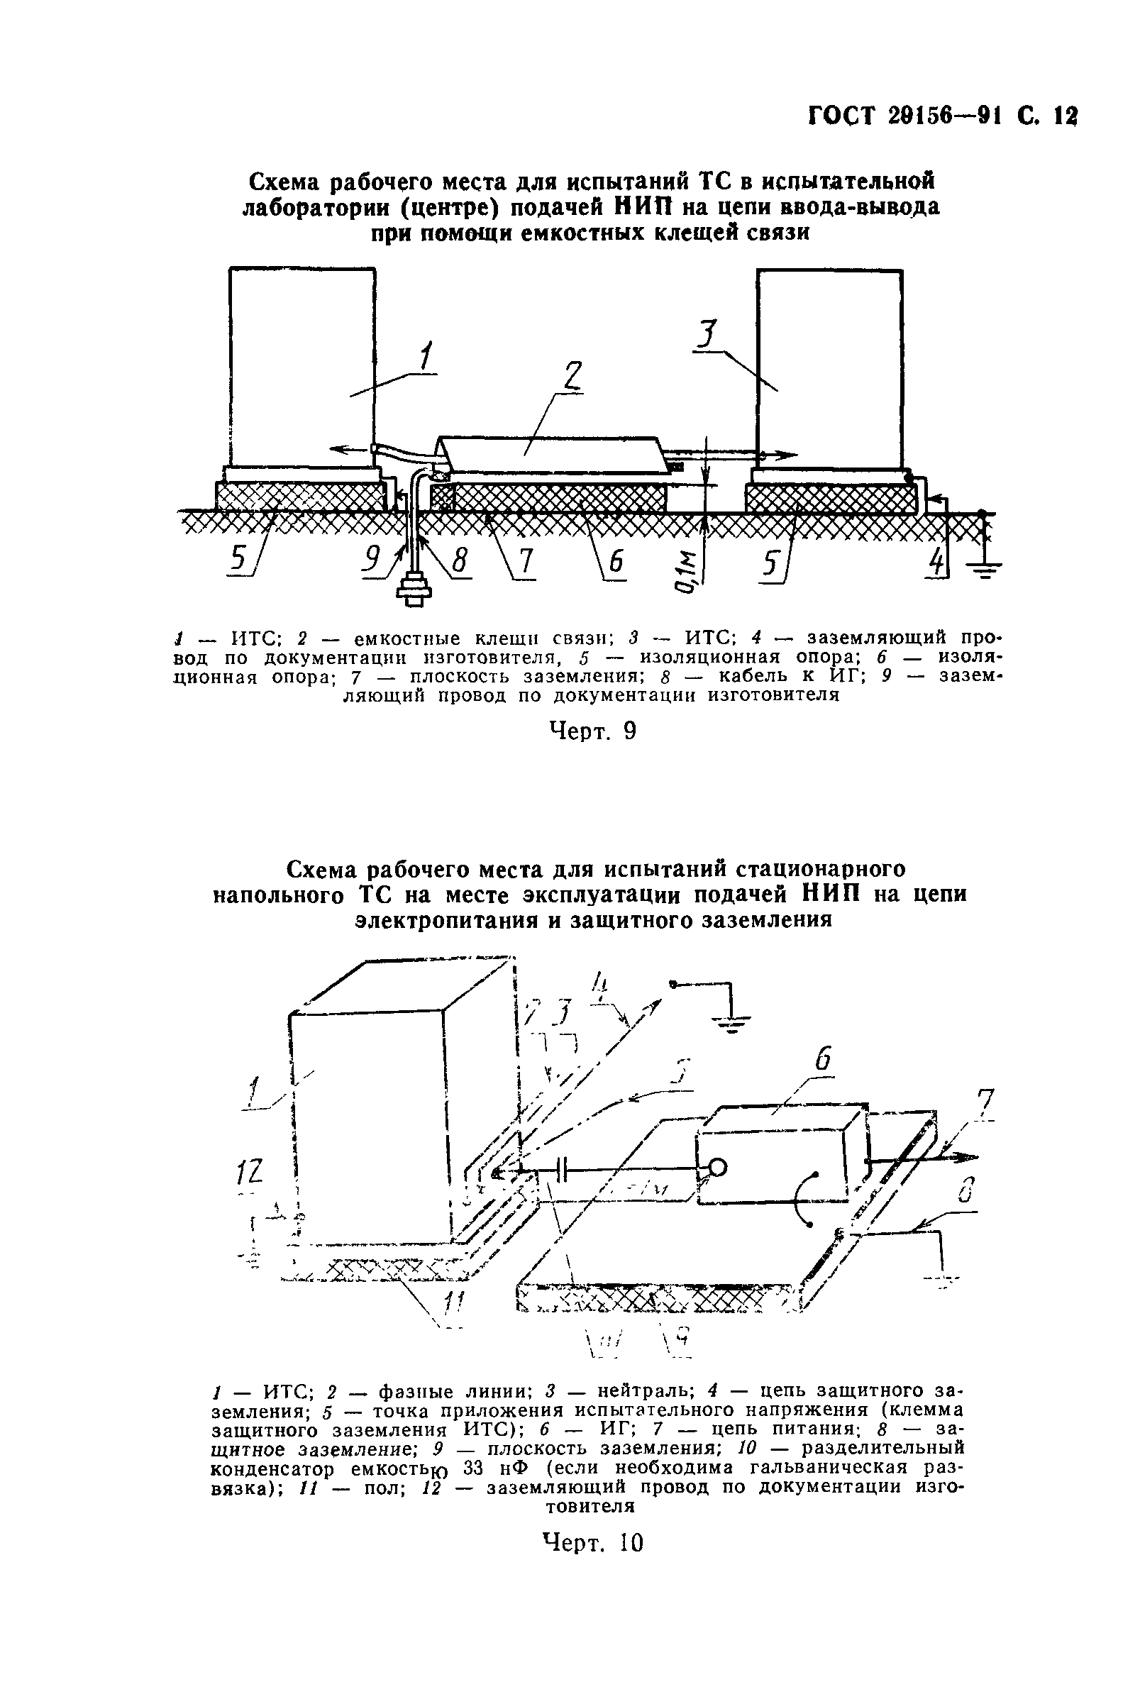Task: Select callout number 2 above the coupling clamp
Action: [572, 377]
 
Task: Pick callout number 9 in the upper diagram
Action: [373, 558]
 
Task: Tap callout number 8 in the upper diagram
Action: [459, 562]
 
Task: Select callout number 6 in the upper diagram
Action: [615, 563]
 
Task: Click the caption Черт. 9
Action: [593, 731]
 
